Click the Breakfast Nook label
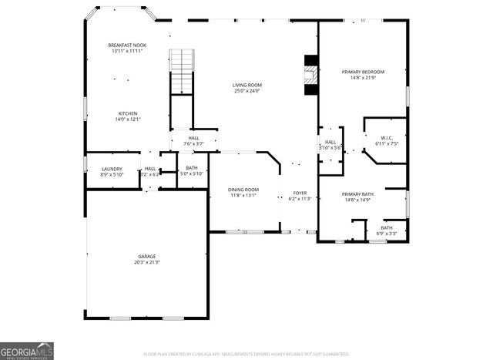pos(127,45)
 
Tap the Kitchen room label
pos(127,113)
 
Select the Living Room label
pos(247,85)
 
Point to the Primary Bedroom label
pos(363,72)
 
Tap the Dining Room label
pos(243,190)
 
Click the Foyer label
pos(299,193)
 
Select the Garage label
pos(147,256)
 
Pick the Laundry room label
pos(111,169)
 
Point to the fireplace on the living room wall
pos(310,75)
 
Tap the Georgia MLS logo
pos(27,349)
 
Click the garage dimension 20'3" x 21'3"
pos(147,262)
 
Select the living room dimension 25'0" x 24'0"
pos(247,91)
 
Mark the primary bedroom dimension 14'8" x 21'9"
pos(363,78)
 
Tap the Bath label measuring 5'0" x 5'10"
pos(191,169)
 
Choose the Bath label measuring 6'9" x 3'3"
pos(385,227)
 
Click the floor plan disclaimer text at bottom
pos(246,355)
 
